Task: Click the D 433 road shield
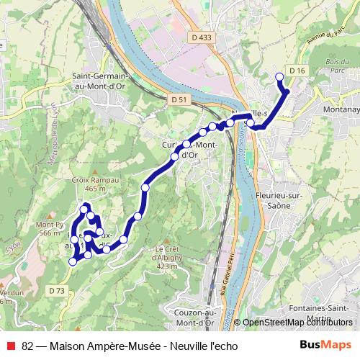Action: point(202,37)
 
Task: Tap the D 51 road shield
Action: point(179,99)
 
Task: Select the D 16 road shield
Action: point(297,70)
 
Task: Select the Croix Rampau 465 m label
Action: point(89,184)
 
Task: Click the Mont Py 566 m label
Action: point(48,228)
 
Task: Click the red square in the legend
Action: point(10,344)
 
